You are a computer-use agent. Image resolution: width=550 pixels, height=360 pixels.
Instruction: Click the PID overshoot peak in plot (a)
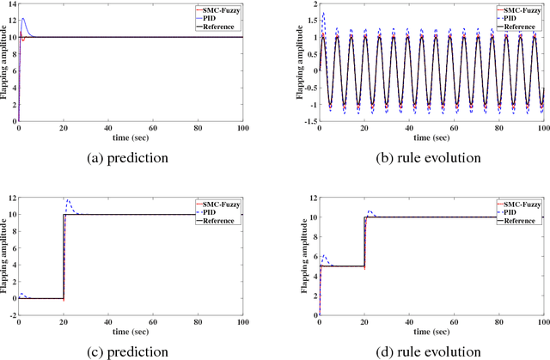[x=23, y=19]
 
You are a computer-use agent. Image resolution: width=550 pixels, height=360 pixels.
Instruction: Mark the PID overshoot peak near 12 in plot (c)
[x=68, y=200]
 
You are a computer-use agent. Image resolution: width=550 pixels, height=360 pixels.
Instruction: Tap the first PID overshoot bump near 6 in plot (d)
[x=323, y=256]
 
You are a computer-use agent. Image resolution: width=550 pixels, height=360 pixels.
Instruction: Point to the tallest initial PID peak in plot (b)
[x=322, y=13]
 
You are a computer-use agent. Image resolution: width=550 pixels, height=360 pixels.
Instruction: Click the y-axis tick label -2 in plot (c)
[x=11, y=315]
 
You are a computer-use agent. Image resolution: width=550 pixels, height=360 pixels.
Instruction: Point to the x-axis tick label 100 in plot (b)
[x=541, y=124]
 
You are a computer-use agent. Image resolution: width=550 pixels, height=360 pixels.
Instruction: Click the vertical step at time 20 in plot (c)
[x=64, y=258]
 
